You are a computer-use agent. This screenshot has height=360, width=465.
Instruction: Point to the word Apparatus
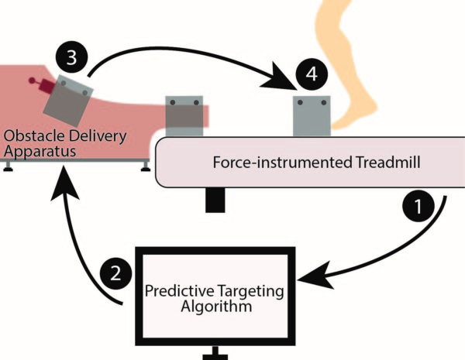(x=38, y=152)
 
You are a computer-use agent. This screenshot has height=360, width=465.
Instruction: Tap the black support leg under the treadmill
(x=215, y=199)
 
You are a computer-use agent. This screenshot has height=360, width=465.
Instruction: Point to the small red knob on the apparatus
(x=32, y=80)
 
